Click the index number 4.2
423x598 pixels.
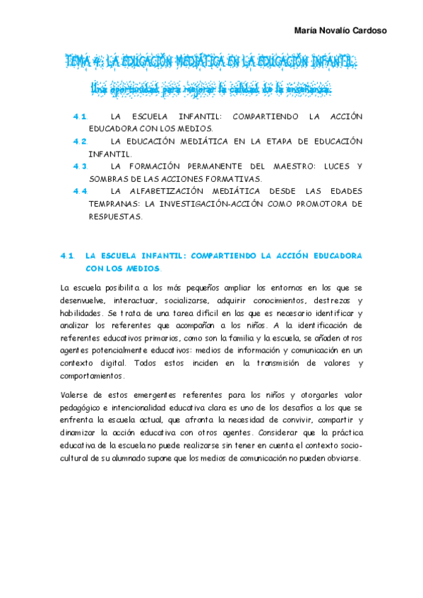pyautogui.click(x=79, y=141)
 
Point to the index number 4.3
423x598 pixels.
pyautogui.click(x=79, y=166)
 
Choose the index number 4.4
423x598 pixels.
pyautogui.click(x=79, y=191)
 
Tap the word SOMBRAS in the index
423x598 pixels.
pyautogui.click(x=109, y=178)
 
